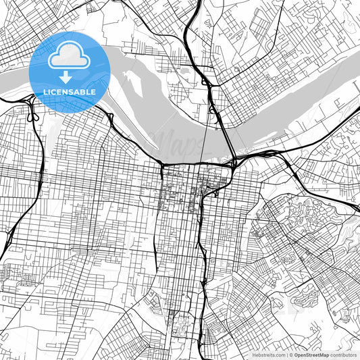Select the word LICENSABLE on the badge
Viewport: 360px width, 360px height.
coord(69,91)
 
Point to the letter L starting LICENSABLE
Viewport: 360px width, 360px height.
coord(45,91)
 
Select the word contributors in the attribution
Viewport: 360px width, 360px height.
coord(344,354)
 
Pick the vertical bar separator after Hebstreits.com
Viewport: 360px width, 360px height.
coord(285,354)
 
